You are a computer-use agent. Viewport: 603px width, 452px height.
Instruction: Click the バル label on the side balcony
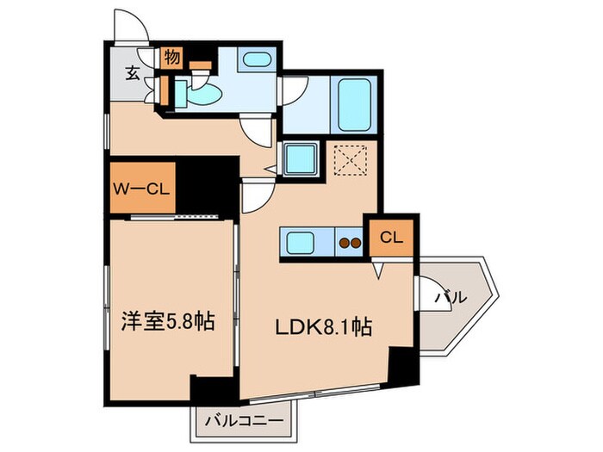coord(451,298)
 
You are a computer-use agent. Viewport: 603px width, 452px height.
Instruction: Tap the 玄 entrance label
coord(133,73)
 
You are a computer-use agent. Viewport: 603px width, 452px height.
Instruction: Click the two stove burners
coord(349,244)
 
